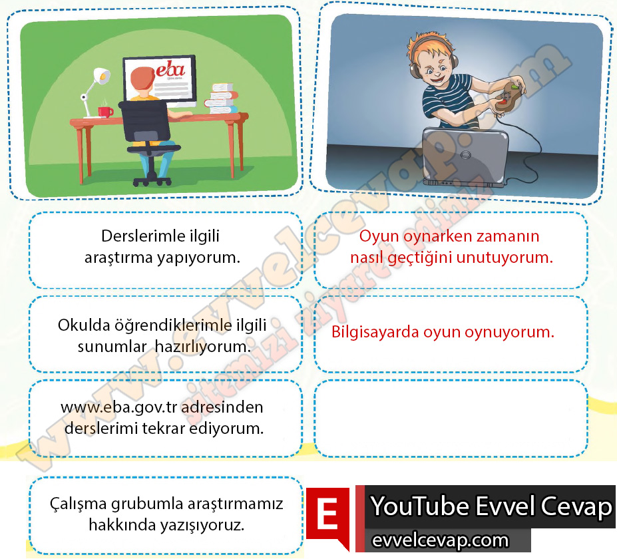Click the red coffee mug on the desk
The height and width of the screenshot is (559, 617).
tap(105, 112)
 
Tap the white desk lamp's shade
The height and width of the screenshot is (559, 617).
tap(102, 75)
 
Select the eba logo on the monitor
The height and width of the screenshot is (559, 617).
tap(170, 69)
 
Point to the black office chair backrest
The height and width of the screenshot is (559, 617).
tap(145, 120)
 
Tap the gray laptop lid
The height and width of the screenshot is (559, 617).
tap(465, 154)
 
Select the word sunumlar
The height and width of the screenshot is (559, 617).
tap(112, 347)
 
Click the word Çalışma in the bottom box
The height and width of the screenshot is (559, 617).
tap(78, 504)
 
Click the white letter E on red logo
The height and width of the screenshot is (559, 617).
tap(327, 514)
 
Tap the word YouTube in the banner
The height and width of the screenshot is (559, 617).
tap(420, 506)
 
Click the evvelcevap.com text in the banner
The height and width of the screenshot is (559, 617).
tap(440, 540)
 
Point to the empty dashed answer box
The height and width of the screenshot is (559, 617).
tap(451, 419)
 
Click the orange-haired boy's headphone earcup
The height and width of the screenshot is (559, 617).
tap(453, 61)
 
